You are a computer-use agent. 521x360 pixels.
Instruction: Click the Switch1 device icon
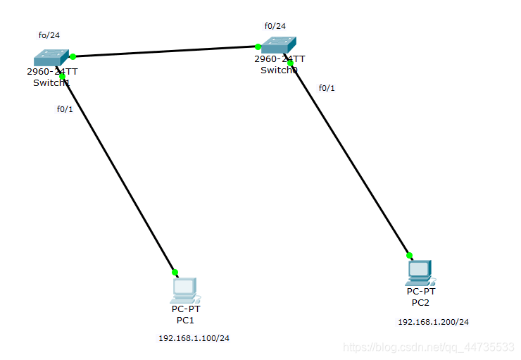click(51, 58)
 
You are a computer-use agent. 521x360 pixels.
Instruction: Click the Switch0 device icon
click(279, 45)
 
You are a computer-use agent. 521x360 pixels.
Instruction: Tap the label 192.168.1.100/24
click(194, 338)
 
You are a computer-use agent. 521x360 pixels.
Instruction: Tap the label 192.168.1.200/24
click(433, 322)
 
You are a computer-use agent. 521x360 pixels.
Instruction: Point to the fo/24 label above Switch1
click(49, 35)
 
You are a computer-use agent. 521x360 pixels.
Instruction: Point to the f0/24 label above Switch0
click(275, 26)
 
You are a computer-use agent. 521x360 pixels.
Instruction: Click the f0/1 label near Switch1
click(65, 108)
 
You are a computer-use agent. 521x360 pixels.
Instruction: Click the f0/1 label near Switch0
click(327, 88)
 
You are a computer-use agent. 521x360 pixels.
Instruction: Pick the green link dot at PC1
click(175, 272)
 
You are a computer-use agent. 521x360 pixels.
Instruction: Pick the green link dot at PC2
click(409, 256)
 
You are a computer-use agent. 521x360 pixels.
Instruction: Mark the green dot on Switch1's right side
click(73, 56)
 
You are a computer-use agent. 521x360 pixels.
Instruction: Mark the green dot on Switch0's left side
click(258, 47)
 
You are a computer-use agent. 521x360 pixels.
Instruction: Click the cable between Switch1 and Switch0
click(165, 51)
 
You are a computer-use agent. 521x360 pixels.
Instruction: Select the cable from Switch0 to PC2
click(350, 159)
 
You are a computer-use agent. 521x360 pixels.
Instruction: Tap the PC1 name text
click(185, 320)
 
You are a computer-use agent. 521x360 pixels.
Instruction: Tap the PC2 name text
click(420, 303)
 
